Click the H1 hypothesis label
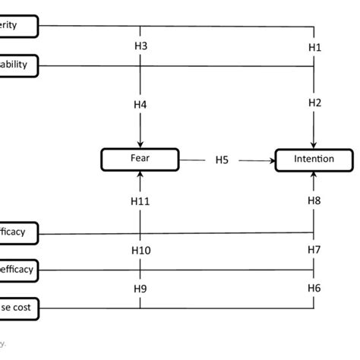click(314, 46)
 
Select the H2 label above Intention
click(314, 103)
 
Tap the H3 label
click(140, 46)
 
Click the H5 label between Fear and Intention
click(222, 160)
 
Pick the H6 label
click(314, 289)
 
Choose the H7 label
click(314, 250)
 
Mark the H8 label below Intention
click(314, 201)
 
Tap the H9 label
click(140, 289)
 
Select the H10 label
click(140, 250)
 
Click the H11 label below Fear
click(140, 201)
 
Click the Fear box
click(140, 160)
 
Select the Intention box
click(314, 160)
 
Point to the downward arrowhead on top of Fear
click(140, 145)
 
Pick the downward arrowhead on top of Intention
click(314, 145)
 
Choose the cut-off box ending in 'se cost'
click(18, 308)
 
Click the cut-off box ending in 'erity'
click(18, 26)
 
